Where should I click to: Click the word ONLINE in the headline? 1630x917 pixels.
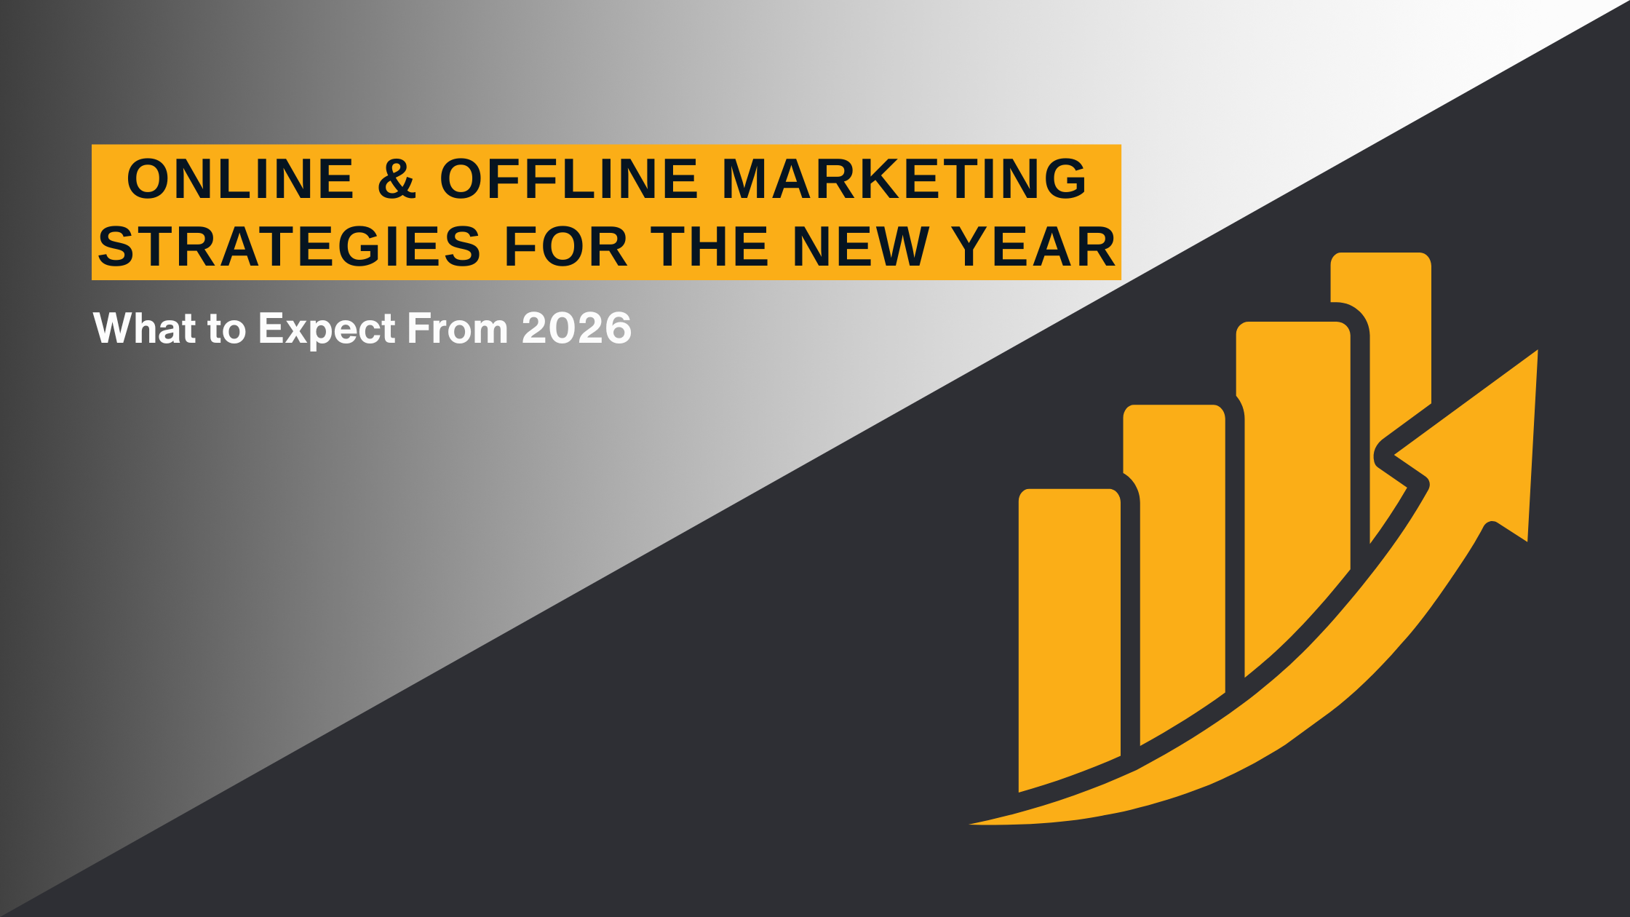click(x=241, y=179)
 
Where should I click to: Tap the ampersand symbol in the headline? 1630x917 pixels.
click(x=397, y=179)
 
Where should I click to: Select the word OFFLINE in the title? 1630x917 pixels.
click(x=569, y=179)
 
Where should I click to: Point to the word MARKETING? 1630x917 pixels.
click(x=905, y=179)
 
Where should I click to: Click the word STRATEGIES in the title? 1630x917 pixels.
click(x=290, y=247)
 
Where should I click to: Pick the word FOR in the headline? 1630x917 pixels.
click(x=566, y=247)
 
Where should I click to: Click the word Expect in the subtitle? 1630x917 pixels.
click(x=327, y=330)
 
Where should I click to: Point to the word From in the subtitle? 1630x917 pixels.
click(x=458, y=328)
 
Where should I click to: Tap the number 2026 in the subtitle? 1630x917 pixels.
click(x=576, y=328)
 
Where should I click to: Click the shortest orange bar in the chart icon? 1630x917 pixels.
click(x=1069, y=633)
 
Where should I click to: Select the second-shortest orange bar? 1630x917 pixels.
click(x=1174, y=568)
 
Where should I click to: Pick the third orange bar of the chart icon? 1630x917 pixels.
click(x=1294, y=495)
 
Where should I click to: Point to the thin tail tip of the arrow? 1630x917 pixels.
click(x=971, y=824)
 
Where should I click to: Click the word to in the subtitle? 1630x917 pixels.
click(x=227, y=330)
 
